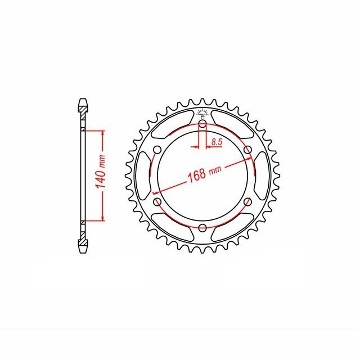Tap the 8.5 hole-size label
tap(216, 143)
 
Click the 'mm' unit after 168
tap(214, 168)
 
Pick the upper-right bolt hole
tap(247, 150)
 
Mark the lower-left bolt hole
tap(157, 201)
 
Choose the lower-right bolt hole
tap(247, 202)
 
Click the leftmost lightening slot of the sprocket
tap(145, 176)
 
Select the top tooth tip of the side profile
tap(83, 101)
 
